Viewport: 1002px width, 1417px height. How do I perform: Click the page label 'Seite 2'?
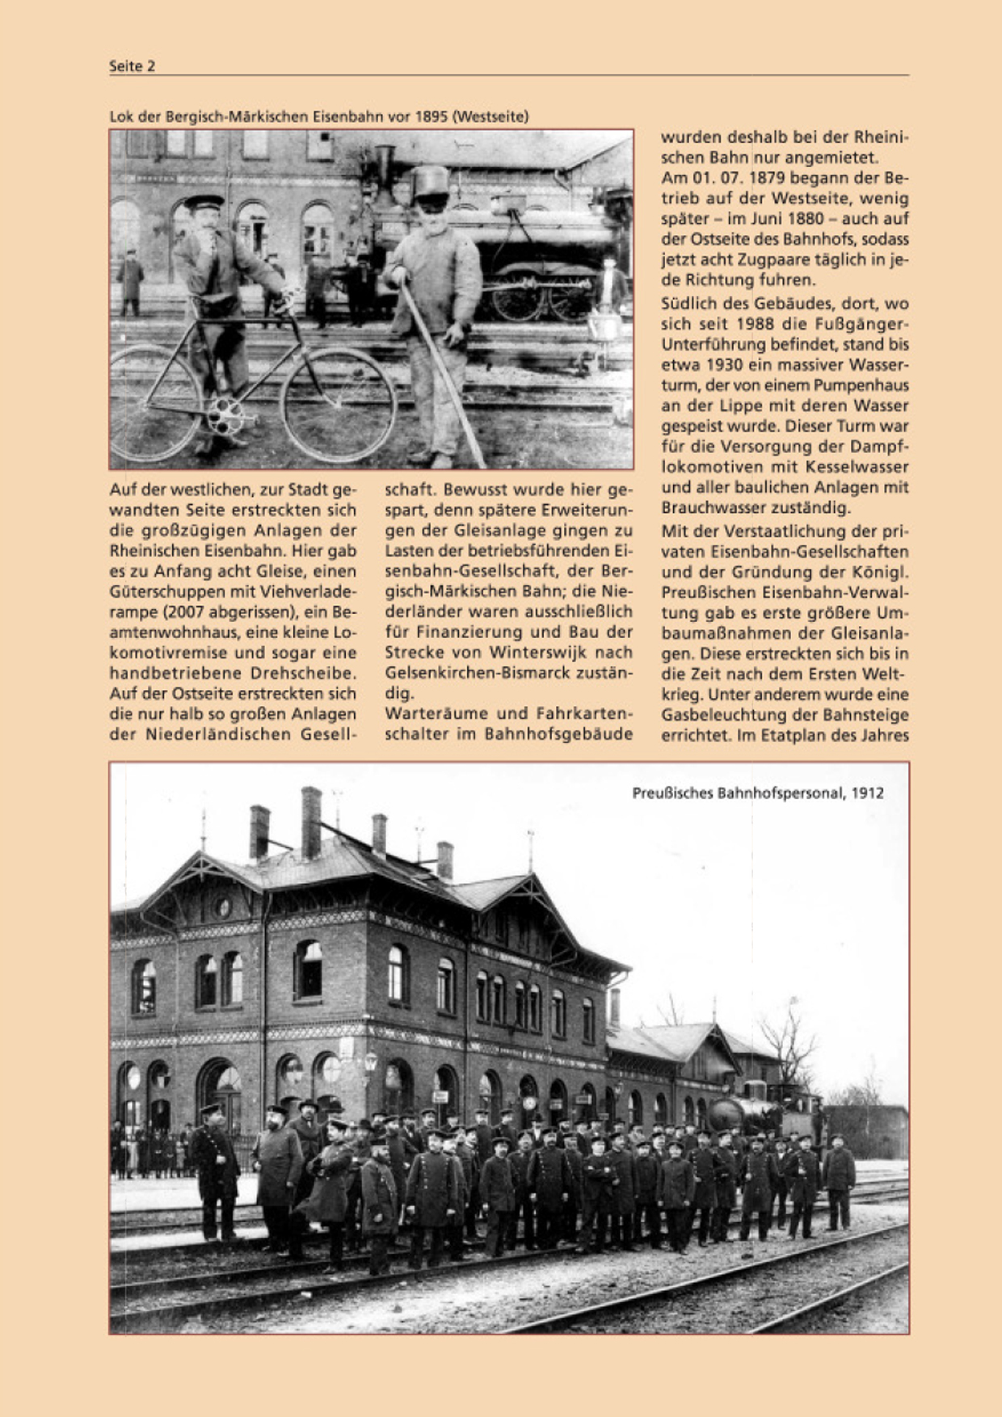[132, 66]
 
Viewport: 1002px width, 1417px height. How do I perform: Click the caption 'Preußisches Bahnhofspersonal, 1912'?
[757, 793]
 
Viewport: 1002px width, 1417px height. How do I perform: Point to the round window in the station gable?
[223, 906]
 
